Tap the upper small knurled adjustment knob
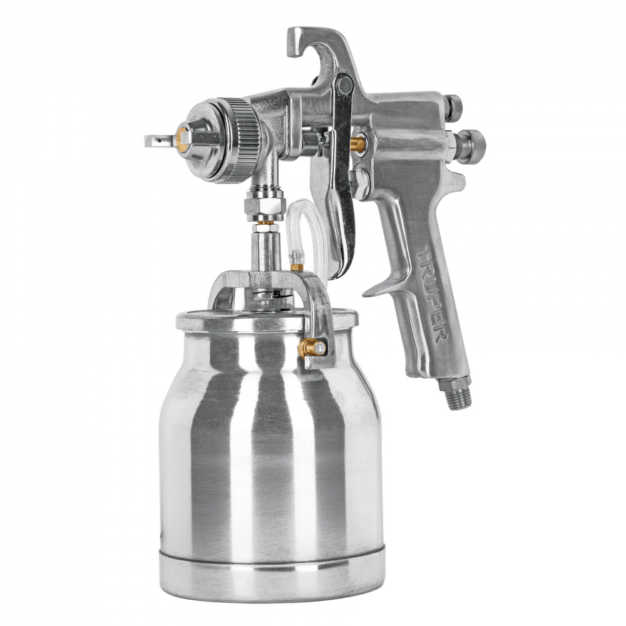[453, 108]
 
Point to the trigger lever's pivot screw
[344, 85]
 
